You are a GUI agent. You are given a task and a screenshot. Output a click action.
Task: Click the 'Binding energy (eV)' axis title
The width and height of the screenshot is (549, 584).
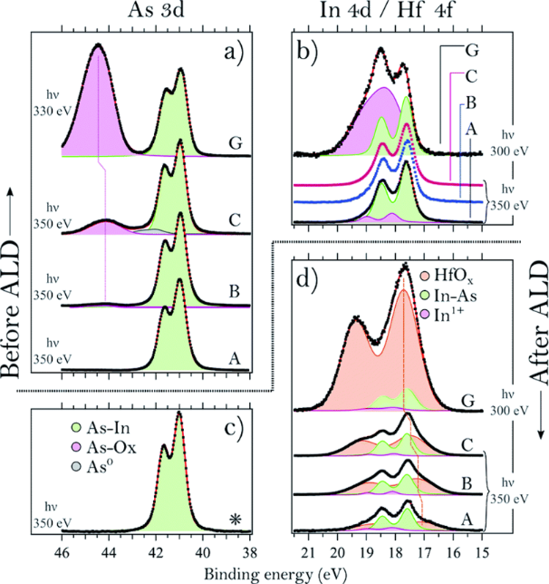[278, 573]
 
